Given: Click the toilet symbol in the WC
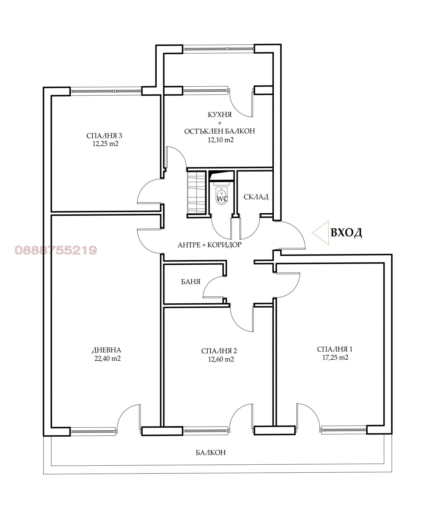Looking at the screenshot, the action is [222, 196].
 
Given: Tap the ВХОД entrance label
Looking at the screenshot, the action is [346, 233].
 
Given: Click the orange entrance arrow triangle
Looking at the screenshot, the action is [321, 233].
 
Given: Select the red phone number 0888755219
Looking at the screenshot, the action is [56, 250].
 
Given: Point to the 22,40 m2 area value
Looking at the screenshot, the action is [108, 359].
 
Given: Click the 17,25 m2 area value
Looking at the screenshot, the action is [335, 358].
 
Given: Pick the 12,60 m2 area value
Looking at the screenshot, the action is [221, 359].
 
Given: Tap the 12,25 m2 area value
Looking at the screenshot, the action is [105, 144].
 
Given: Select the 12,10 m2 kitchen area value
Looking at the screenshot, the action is [221, 140].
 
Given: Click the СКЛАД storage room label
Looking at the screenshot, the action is [256, 197].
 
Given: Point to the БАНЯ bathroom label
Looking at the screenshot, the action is [191, 282].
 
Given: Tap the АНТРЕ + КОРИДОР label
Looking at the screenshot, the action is [210, 245].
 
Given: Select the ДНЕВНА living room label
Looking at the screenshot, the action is [106, 350].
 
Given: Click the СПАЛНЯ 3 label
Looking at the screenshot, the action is [104, 136].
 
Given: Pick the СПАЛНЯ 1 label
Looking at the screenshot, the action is [335, 349].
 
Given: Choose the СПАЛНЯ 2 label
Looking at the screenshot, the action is [219, 351].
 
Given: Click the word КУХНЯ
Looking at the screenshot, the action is [220, 115].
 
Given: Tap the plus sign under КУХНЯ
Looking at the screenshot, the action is [220, 123].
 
